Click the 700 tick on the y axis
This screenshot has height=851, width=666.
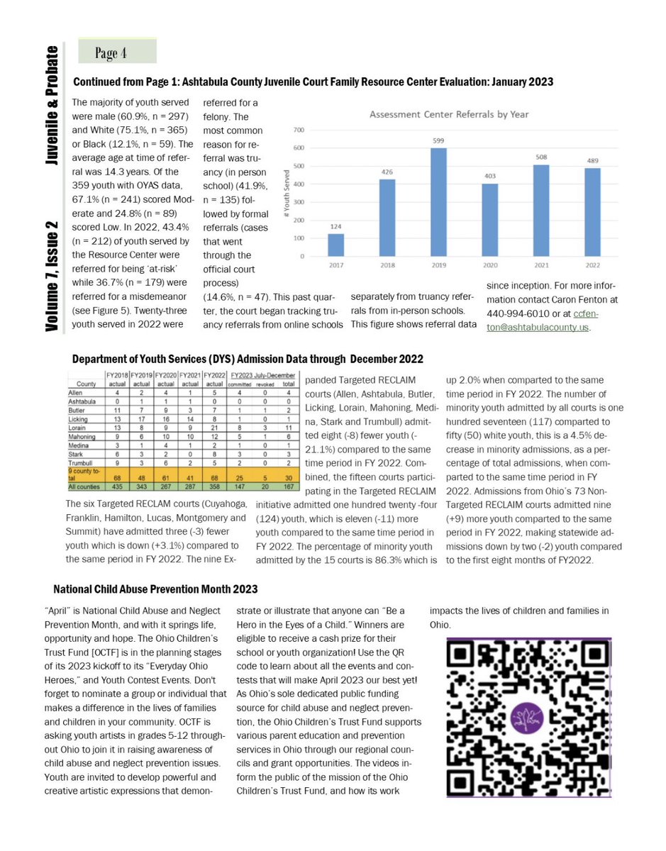(x=299, y=130)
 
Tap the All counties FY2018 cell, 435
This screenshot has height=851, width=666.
(x=116, y=489)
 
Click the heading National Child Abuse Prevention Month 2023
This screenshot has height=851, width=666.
(x=156, y=589)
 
